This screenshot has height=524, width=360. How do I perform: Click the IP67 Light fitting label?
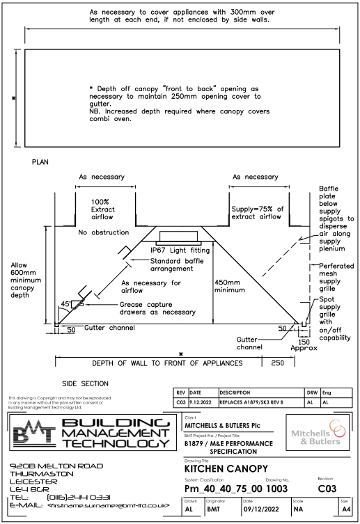point(180,248)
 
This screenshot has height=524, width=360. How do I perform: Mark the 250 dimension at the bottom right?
point(277,363)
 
